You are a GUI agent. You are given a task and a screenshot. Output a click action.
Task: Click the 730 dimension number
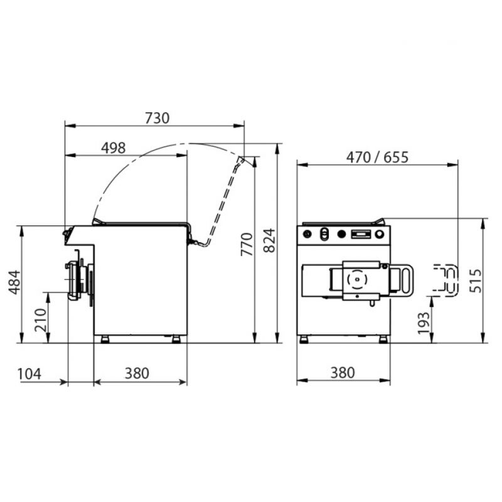(x=157, y=118)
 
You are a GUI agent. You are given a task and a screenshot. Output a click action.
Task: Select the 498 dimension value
(x=114, y=148)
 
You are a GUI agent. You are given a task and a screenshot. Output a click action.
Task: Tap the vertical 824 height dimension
(x=270, y=240)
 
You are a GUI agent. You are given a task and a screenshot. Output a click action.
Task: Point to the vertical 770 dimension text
(x=247, y=244)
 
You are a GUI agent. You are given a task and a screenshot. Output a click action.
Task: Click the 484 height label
(x=14, y=282)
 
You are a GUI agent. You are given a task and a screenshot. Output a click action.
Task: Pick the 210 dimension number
(x=41, y=320)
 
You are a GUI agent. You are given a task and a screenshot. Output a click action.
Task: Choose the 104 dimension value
(x=29, y=373)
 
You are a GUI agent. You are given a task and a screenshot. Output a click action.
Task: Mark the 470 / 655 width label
(x=377, y=158)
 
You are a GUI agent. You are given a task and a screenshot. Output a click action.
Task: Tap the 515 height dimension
(x=476, y=280)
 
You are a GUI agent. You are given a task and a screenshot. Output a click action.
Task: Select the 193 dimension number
(x=424, y=323)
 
